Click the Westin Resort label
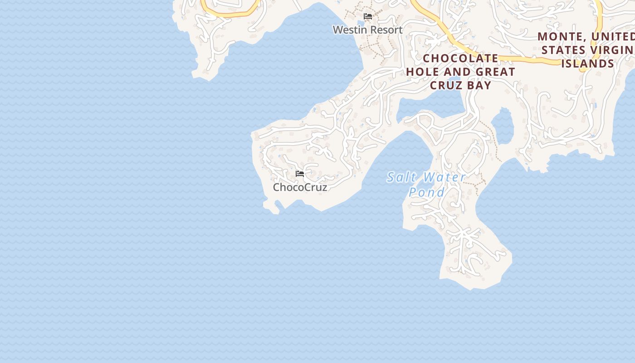click(x=367, y=30)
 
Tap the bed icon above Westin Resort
click(x=368, y=16)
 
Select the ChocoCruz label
click(x=300, y=187)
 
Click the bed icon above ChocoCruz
click(x=299, y=174)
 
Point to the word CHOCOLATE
click(x=461, y=58)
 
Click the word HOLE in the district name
click(x=422, y=72)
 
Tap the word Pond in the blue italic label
click(x=427, y=192)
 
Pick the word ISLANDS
click(x=587, y=64)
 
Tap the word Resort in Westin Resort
click(x=385, y=30)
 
